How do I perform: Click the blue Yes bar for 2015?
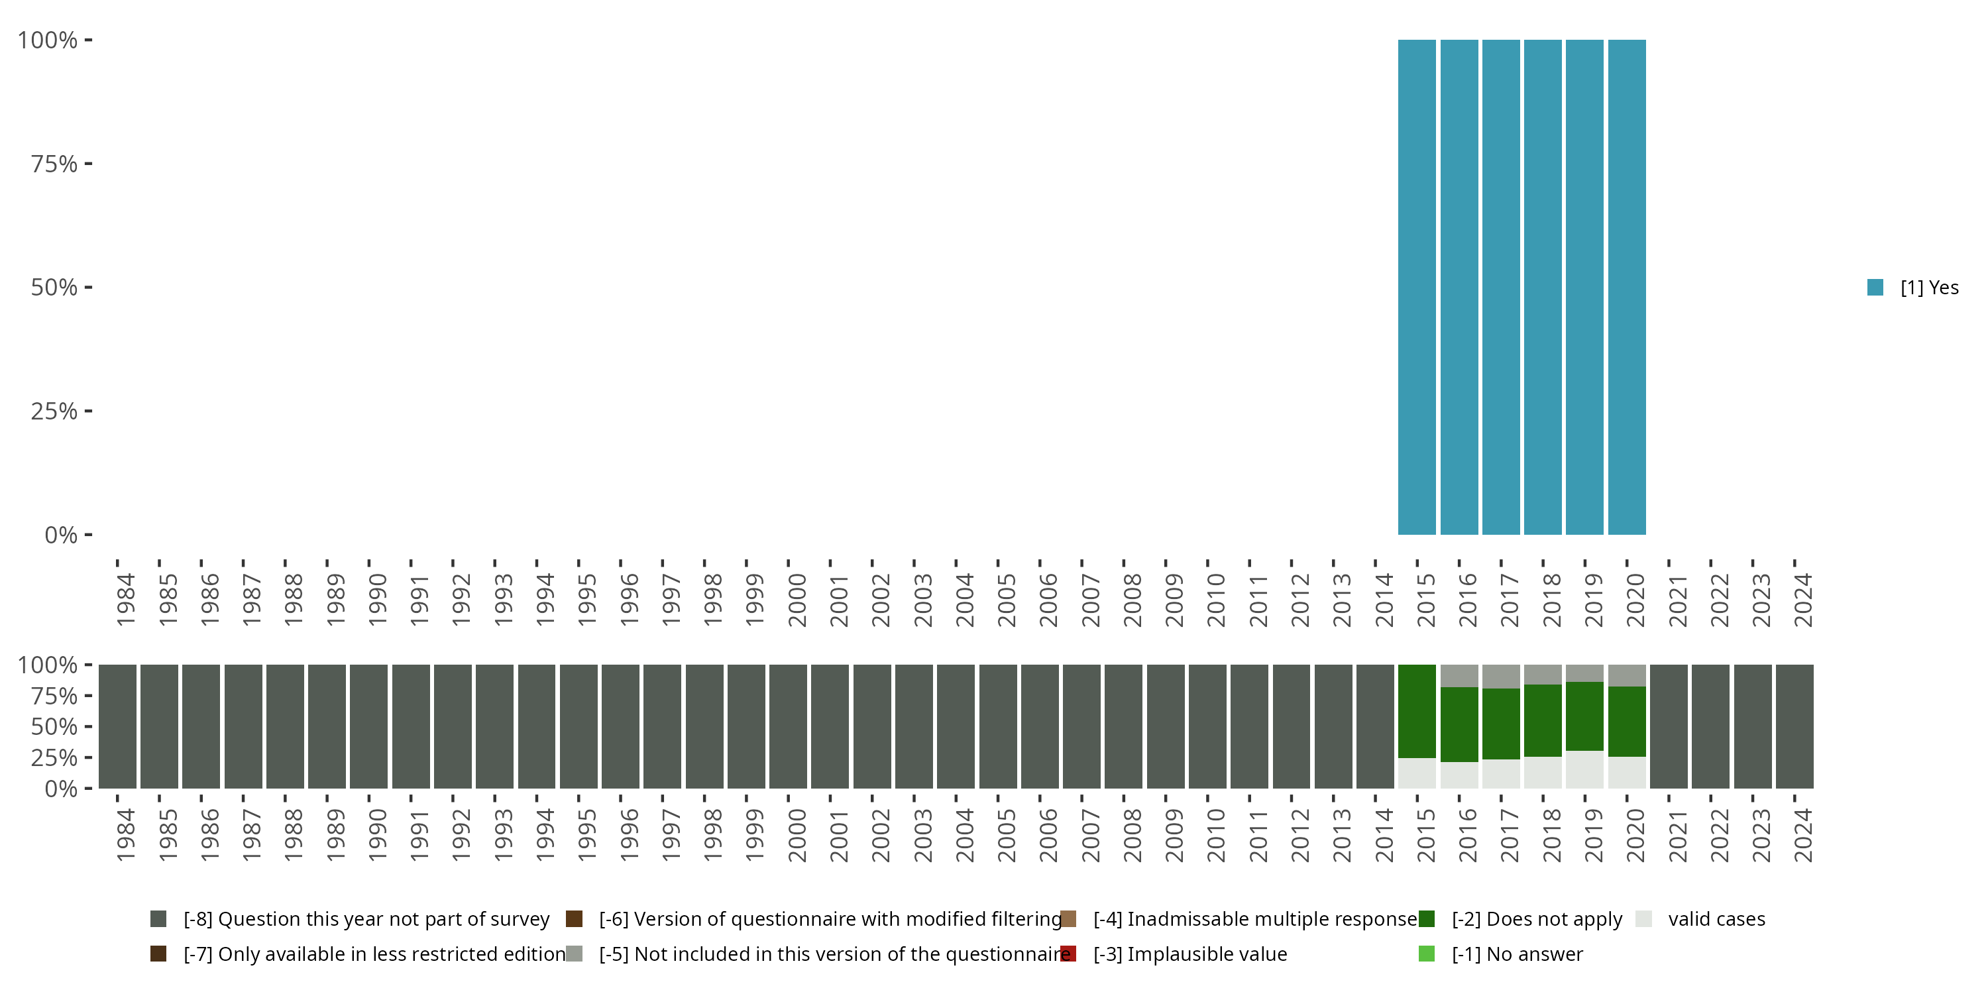(1417, 287)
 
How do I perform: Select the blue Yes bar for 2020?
(1627, 287)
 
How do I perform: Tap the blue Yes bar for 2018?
(1543, 287)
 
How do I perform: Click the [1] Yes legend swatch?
(1875, 287)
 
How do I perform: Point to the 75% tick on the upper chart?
(88, 164)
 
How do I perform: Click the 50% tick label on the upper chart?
(54, 287)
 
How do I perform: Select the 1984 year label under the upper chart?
(126, 600)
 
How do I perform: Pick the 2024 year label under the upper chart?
(1802, 600)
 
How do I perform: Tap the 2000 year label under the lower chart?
(797, 835)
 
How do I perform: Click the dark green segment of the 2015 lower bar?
(1417, 710)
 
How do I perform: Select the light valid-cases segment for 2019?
(1584, 769)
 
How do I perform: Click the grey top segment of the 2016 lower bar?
(1459, 675)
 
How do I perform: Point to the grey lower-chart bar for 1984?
(117, 726)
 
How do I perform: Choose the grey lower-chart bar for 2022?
(1710, 726)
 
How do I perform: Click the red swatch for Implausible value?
(1068, 954)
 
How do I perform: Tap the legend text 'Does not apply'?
(1553, 919)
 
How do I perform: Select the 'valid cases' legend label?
(1716, 919)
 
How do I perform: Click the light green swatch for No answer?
(1426, 954)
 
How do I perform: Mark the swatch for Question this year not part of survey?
(158, 919)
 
